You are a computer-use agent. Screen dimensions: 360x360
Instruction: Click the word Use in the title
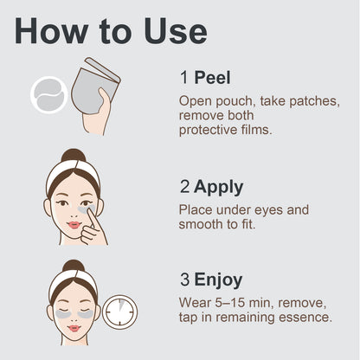click(x=176, y=31)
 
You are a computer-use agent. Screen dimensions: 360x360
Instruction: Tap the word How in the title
click(x=51, y=31)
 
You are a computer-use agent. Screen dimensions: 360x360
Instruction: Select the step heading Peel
click(x=212, y=78)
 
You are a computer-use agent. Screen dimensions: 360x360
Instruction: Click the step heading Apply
click(x=218, y=188)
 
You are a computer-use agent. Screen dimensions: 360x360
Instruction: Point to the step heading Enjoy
click(x=218, y=280)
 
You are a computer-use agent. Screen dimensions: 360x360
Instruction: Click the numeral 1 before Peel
click(x=184, y=78)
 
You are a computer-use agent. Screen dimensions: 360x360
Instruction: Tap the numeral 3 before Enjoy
click(x=185, y=280)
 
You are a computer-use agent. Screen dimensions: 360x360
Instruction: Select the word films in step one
click(x=257, y=130)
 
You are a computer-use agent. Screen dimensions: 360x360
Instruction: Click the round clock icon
click(x=119, y=312)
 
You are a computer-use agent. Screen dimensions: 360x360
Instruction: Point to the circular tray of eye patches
click(x=49, y=95)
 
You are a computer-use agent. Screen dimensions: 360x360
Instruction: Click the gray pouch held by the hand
click(x=93, y=87)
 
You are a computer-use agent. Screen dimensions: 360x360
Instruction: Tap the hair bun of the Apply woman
click(x=74, y=156)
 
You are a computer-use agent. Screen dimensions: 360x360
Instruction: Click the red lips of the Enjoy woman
click(x=74, y=328)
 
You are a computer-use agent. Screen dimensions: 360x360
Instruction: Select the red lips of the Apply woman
click(x=74, y=225)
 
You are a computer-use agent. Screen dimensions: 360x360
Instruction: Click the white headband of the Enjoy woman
click(x=74, y=281)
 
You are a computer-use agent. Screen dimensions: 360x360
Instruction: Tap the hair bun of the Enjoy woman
click(x=74, y=266)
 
